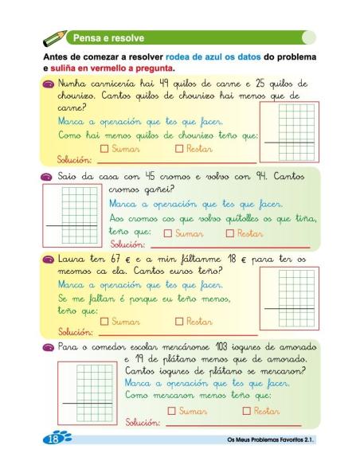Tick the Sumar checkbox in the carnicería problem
(x=105, y=148)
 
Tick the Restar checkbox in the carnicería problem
(x=179, y=148)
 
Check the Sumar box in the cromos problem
(x=167, y=233)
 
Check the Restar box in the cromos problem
(x=230, y=233)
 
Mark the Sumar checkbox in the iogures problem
(x=172, y=411)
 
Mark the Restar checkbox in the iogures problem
(x=247, y=411)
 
